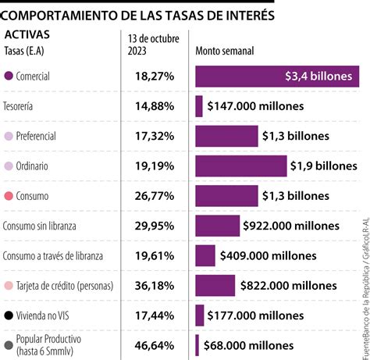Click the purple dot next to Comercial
pyautogui.click(x=9, y=77)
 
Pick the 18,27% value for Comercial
pyautogui.click(x=152, y=77)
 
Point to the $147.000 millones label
pyautogui.click(x=254, y=106)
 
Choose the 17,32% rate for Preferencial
pyautogui.click(x=152, y=136)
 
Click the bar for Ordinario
pyautogui.click(x=241, y=166)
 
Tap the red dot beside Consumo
pyautogui.click(x=9, y=196)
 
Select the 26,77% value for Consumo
pyautogui.click(x=152, y=196)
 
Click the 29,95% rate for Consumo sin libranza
pyautogui.click(x=152, y=226)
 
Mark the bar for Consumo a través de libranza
pyautogui.click(x=205, y=255)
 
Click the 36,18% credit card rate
pyautogui.click(x=152, y=285)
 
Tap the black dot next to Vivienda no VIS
pyautogui.click(x=9, y=315)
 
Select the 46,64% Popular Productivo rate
pyautogui.click(x=152, y=344)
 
